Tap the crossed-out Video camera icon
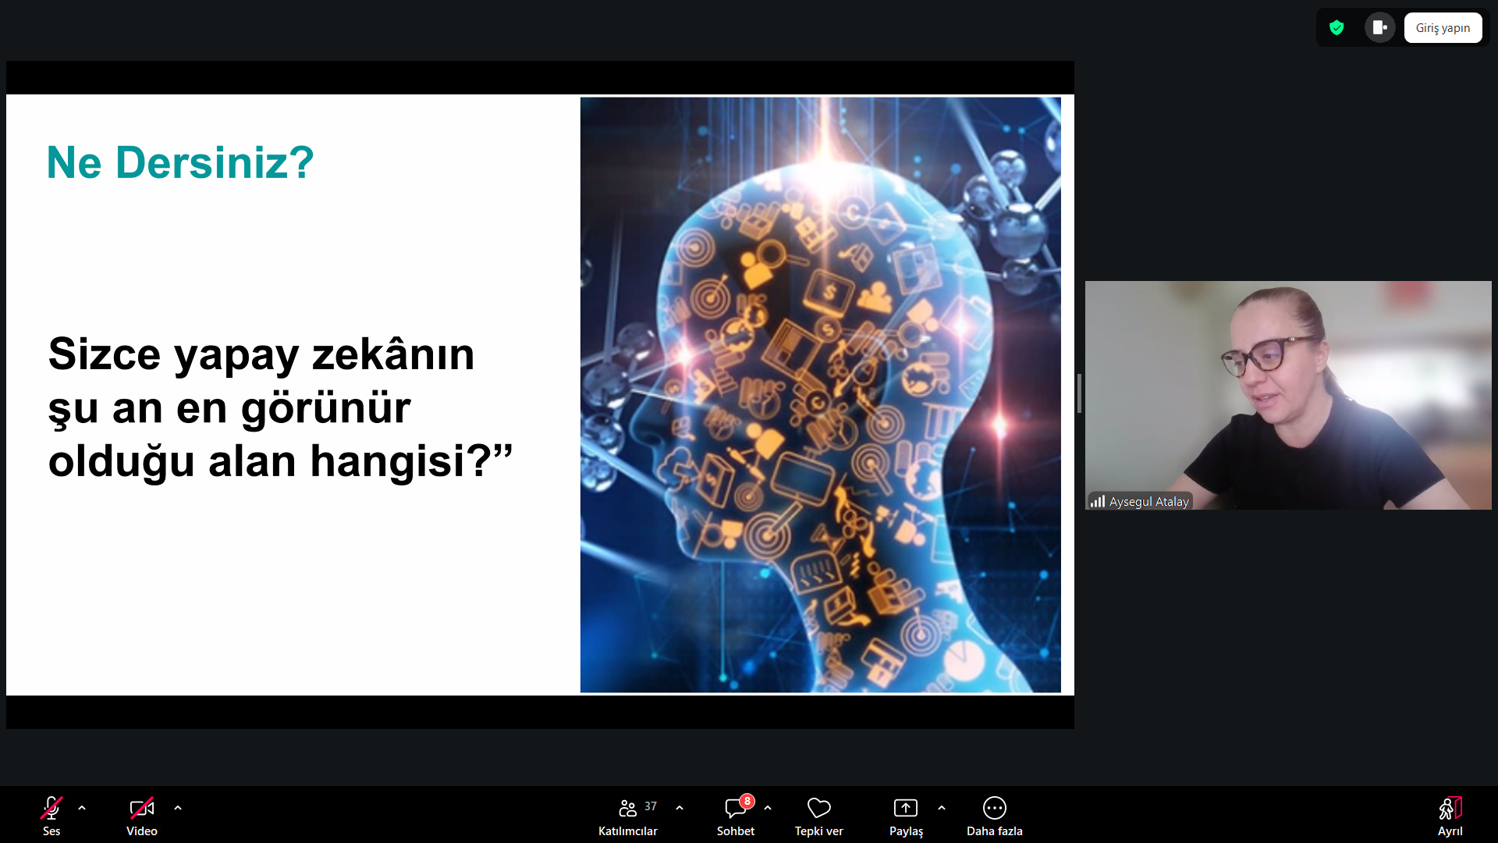(x=142, y=808)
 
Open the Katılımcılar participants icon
(x=627, y=808)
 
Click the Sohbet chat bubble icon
(x=735, y=809)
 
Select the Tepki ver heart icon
(x=819, y=808)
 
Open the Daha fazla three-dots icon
(x=995, y=808)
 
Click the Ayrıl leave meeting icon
(x=1450, y=808)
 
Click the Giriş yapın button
(x=1443, y=28)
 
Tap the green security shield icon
(x=1336, y=28)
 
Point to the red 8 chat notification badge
(x=747, y=801)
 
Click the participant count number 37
(x=651, y=806)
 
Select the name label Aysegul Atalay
(x=1149, y=502)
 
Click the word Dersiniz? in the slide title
(x=215, y=163)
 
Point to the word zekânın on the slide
(x=393, y=354)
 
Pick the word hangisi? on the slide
(x=412, y=461)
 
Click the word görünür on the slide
(x=325, y=409)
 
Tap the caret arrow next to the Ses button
(x=82, y=808)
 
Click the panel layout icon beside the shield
(x=1379, y=28)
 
